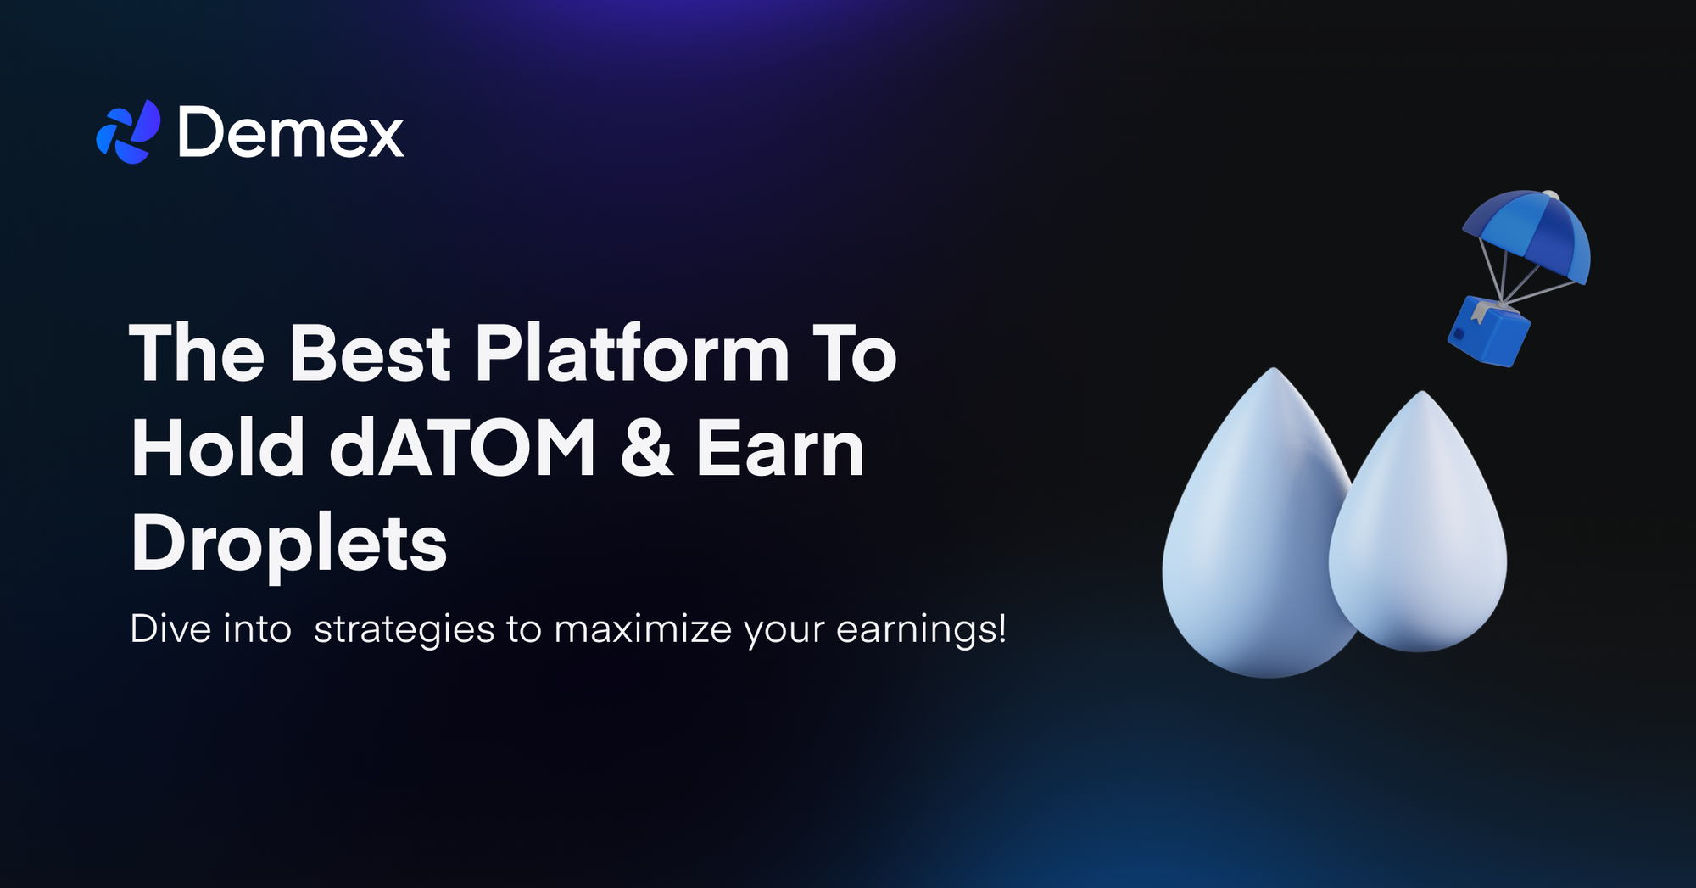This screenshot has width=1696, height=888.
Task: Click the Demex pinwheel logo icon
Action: click(x=128, y=132)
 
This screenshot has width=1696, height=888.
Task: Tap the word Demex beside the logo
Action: click(x=291, y=133)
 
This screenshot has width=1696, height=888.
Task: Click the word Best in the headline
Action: click(x=370, y=354)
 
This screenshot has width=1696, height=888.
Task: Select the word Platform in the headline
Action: click(x=632, y=354)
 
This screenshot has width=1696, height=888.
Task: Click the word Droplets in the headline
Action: click(x=288, y=544)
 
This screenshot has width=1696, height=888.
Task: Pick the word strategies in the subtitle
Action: click(x=404, y=630)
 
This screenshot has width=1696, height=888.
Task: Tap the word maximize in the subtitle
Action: click(x=643, y=629)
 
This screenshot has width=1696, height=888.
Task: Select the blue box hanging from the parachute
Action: click(x=1488, y=332)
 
